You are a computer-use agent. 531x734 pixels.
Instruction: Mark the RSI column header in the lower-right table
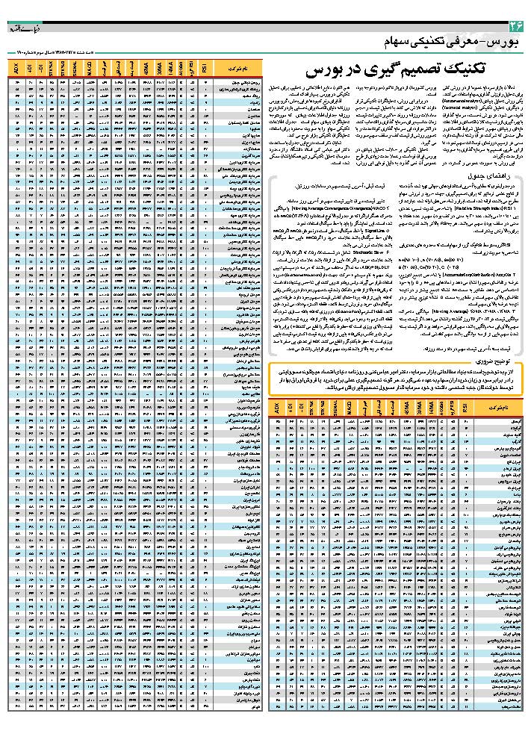click(468, 409)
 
